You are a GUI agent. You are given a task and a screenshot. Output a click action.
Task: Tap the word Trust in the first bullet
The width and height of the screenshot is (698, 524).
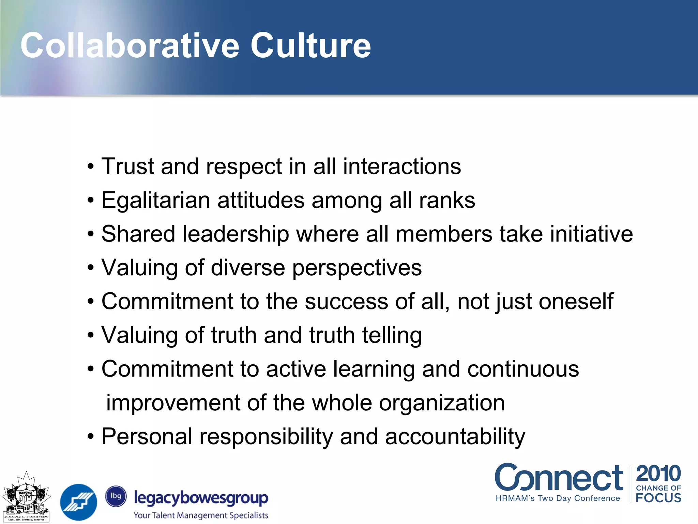(x=127, y=166)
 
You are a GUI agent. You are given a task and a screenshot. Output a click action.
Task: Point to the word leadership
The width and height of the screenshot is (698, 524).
(x=236, y=234)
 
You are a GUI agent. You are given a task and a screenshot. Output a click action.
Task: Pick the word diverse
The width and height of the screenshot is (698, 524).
(x=248, y=267)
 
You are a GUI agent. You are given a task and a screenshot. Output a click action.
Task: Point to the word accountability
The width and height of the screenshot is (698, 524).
(x=455, y=437)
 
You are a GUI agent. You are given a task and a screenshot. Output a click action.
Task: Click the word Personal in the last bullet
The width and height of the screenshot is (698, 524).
(x=147, y=437)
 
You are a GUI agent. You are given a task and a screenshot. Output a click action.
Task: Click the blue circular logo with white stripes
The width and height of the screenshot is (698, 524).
(x=78, y=502)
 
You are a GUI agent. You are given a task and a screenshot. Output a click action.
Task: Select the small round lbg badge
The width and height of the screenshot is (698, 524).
(x=116, y=496)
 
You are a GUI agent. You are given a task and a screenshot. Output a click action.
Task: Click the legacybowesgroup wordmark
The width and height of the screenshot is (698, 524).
(x=201, y=498)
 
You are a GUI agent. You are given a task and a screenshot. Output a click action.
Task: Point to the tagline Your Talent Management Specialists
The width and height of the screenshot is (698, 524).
(x=201, y=515)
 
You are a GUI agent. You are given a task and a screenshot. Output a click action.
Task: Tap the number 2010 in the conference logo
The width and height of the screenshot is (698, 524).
(x=658, y=474)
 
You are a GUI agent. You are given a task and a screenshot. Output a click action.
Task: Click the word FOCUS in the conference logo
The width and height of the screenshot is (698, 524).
(x=658, y=498)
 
